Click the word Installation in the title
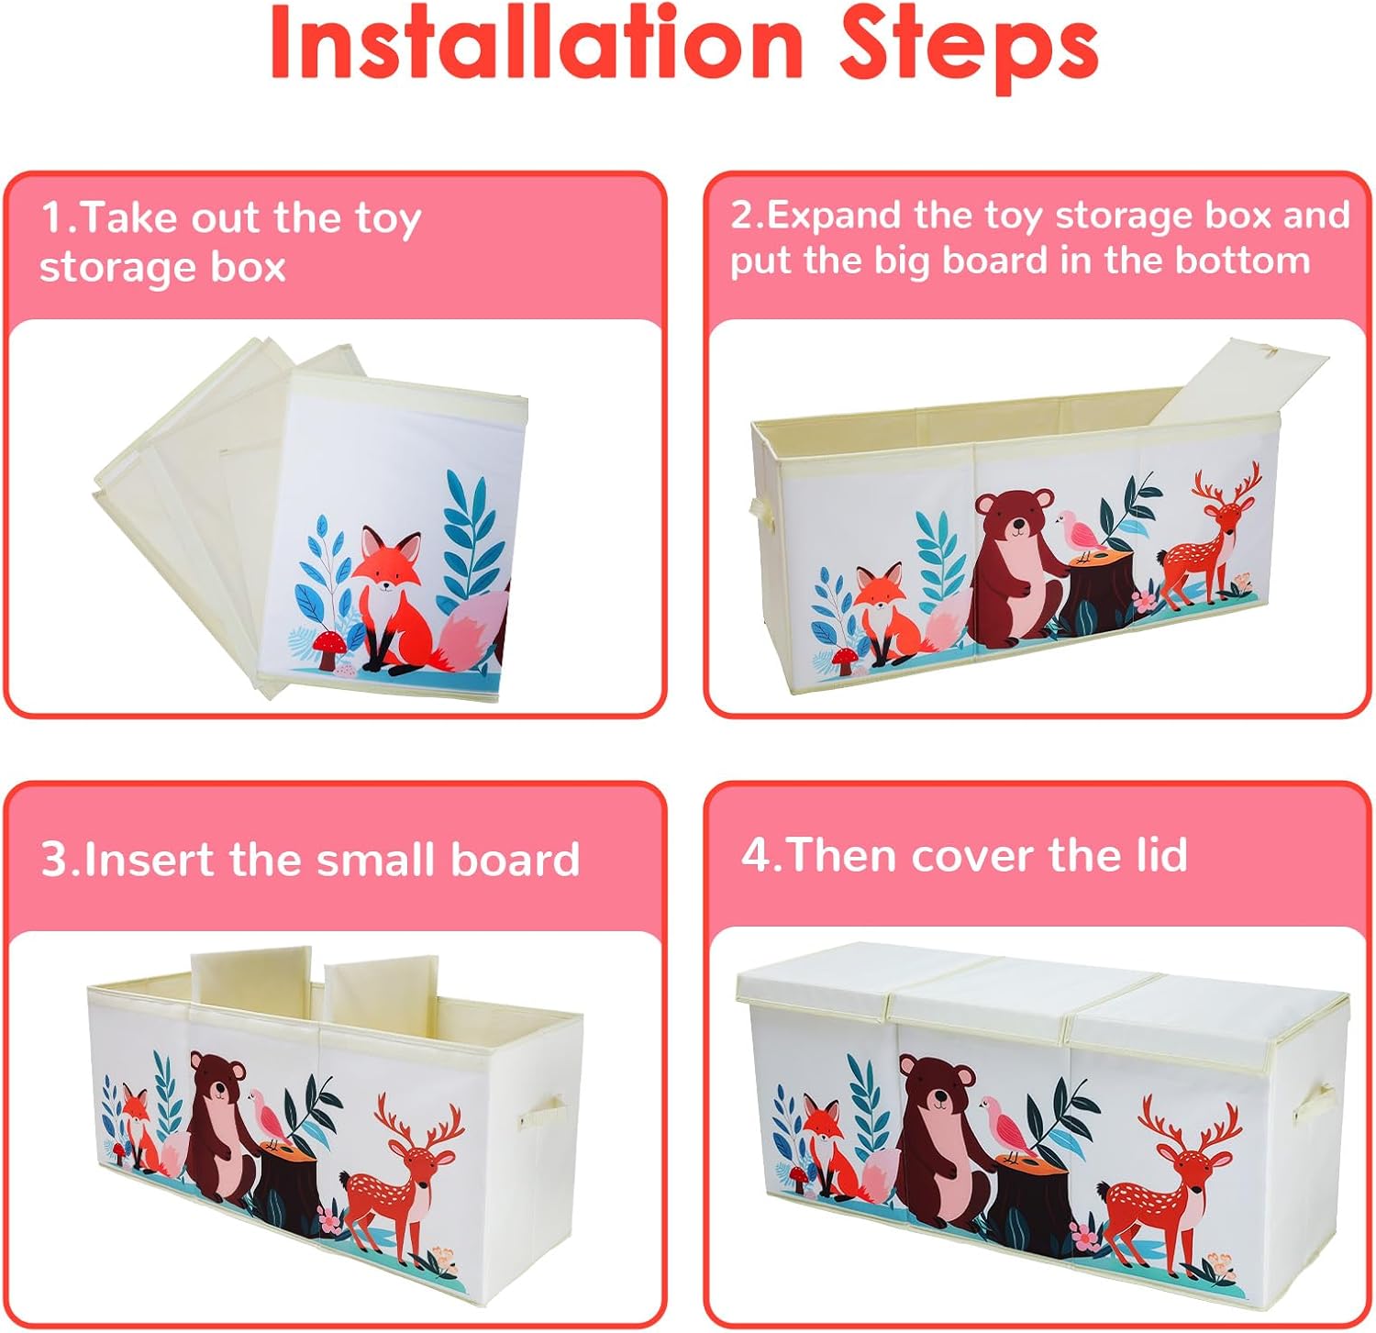(538, 43)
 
